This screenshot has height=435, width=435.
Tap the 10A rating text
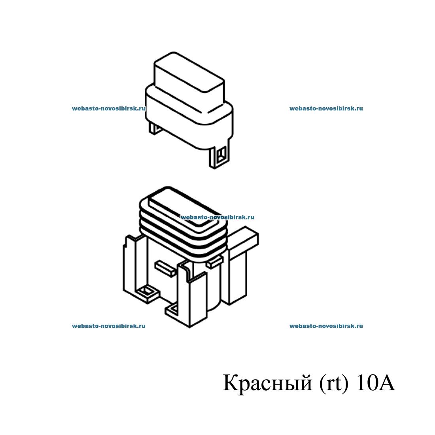point(375,383)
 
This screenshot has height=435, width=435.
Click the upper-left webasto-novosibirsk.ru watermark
point(109,108)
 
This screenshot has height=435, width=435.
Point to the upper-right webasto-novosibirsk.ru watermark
point(326,108)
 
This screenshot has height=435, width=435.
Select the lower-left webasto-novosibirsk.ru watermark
point(109,326)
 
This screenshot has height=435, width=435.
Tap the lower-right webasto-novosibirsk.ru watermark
point(326,326)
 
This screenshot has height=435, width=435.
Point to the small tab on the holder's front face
point(165,268)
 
